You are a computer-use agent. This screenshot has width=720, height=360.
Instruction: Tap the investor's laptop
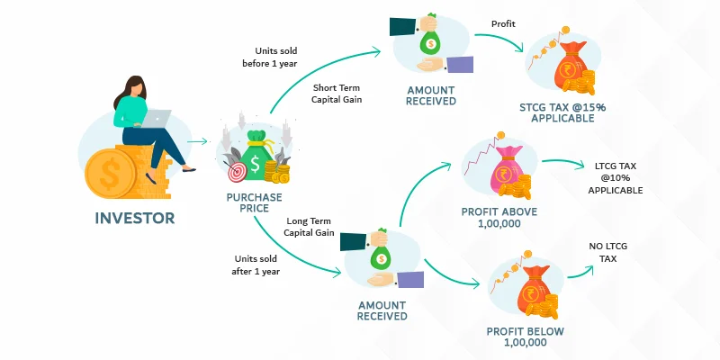(x=157, y=118)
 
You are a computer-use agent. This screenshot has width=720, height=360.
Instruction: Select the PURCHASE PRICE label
(x=254, y=203)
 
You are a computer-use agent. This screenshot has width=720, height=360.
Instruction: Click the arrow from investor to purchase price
(x=197, y=140)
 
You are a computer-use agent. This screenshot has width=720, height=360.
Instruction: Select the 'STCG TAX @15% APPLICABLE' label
(x=562, y=113)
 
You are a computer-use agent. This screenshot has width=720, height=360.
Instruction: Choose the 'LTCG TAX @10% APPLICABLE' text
(x=618, y=177)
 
